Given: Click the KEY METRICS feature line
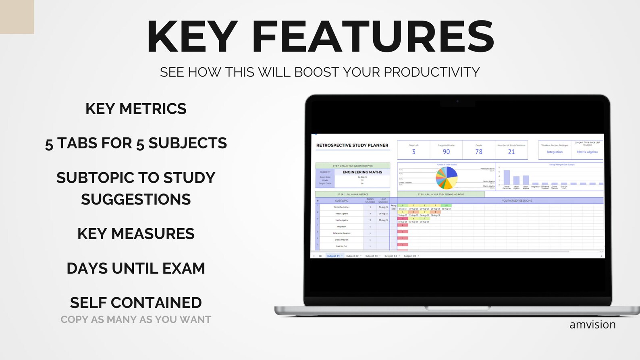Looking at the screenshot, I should pyautogui.click(x=136, y=109).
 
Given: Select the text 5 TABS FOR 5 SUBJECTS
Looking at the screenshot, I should pyautogui.click(x=136, y=143).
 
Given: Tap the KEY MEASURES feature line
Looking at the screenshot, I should pyautogui.click(x=136, y=234).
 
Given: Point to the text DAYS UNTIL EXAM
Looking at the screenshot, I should pyautogui.click(x=136, y=268).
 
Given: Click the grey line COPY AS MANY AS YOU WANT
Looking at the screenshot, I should pyautogui.click(x=136, y=320).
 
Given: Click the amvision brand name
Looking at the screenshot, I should pyautogui.click(x=592, y=325).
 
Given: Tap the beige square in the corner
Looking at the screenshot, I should pyautogui.click(x=17, y=17).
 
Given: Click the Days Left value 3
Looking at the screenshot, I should pyautogui.click(x=414, y=152).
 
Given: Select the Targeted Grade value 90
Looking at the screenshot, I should pyautogui.click(x=446, y=152).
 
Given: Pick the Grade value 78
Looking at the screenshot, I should pyautogui.click(x=479, y=152).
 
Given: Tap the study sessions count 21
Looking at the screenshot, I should pyautogui.click(x=511, y=152).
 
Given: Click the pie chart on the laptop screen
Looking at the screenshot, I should pyautogui.click(x=447, y=178).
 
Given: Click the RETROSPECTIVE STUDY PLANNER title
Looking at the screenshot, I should pyautogui.click(x=352, y=146).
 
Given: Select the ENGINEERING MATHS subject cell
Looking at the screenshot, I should pyautogui.click(x=362, y=172).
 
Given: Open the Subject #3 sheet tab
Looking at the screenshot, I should pyautogui.click(x=372, y=256).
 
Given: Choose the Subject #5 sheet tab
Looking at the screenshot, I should pyautogui.click(x=410, y=256).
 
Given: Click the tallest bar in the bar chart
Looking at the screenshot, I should pyautogui.click(x=507, y=177).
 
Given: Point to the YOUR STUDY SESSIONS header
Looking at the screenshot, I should pyautogui.click(x=517, y=200).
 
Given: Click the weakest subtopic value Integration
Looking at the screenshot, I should pyautogui.click(x=555, y=152).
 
